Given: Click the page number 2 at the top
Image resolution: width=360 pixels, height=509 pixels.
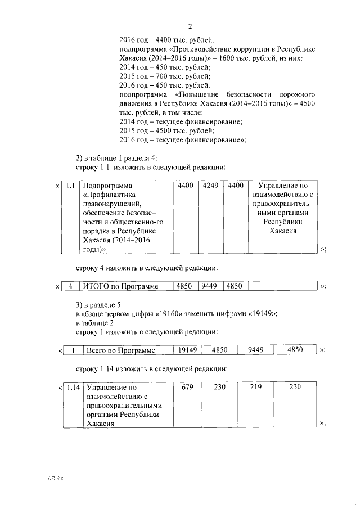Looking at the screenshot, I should coord(190,26).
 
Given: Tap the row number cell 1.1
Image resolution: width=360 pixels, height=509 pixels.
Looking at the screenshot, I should coord(70,186).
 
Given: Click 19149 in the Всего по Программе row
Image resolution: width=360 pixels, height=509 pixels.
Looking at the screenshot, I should coord(187,350).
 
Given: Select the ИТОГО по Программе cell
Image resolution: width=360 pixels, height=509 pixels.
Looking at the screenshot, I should coord(120,286).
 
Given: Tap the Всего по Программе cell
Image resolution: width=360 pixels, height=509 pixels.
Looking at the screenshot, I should coord(120,350).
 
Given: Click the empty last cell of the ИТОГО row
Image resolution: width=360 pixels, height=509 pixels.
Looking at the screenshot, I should coord(282,286).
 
